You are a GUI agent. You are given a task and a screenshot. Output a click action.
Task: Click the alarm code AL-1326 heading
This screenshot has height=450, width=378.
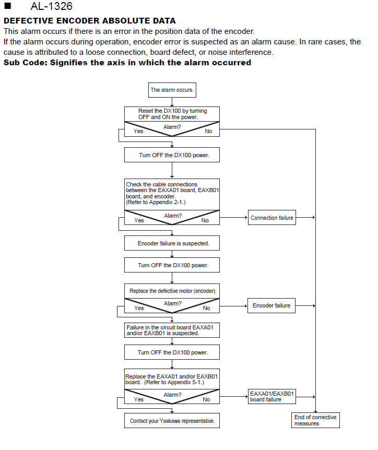point(51,6)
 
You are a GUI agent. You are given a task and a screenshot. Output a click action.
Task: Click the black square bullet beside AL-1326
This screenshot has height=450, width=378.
point(8,6)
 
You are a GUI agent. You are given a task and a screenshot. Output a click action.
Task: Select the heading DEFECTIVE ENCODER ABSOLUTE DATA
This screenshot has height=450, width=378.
point(90,21)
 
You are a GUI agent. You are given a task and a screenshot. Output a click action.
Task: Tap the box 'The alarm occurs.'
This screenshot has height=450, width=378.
point(172,90)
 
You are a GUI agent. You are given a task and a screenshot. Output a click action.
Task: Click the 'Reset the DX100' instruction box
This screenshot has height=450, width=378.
point(172,114)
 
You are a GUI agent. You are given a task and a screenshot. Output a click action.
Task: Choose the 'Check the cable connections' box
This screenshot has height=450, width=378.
point(172,194)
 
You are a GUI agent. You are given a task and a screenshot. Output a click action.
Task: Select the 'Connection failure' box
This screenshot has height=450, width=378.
point(272,218)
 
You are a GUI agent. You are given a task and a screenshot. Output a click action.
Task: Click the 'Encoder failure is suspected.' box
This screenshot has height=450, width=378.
point(172,243)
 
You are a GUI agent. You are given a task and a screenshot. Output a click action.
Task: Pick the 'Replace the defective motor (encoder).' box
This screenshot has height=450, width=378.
point(172,291)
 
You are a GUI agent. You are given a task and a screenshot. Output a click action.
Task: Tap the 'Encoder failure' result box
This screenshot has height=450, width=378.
point(271,305)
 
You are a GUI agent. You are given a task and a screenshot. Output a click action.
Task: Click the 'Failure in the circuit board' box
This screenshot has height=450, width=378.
point(172,330)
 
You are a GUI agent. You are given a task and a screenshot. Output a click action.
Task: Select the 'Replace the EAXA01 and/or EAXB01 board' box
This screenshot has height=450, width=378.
point(172,379)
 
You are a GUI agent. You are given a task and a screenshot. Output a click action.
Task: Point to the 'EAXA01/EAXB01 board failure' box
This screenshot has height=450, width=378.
point(272,396)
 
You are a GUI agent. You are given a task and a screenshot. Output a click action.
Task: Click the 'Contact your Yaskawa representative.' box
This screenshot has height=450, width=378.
point(172,420)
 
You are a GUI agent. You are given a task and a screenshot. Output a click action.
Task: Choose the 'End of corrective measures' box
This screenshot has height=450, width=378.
point(315,420)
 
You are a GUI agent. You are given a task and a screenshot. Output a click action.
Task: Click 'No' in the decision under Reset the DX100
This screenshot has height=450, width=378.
point(209,131)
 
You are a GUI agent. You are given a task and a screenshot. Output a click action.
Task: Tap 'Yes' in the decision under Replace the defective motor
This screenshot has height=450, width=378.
point(139,308)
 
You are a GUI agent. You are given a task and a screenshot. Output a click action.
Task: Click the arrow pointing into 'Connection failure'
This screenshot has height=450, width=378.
point(233,218)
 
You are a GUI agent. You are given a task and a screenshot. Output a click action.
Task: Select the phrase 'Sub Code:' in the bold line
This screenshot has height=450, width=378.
point(25,63)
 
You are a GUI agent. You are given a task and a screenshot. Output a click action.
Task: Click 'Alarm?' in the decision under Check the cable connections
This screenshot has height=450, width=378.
point(173,216)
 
